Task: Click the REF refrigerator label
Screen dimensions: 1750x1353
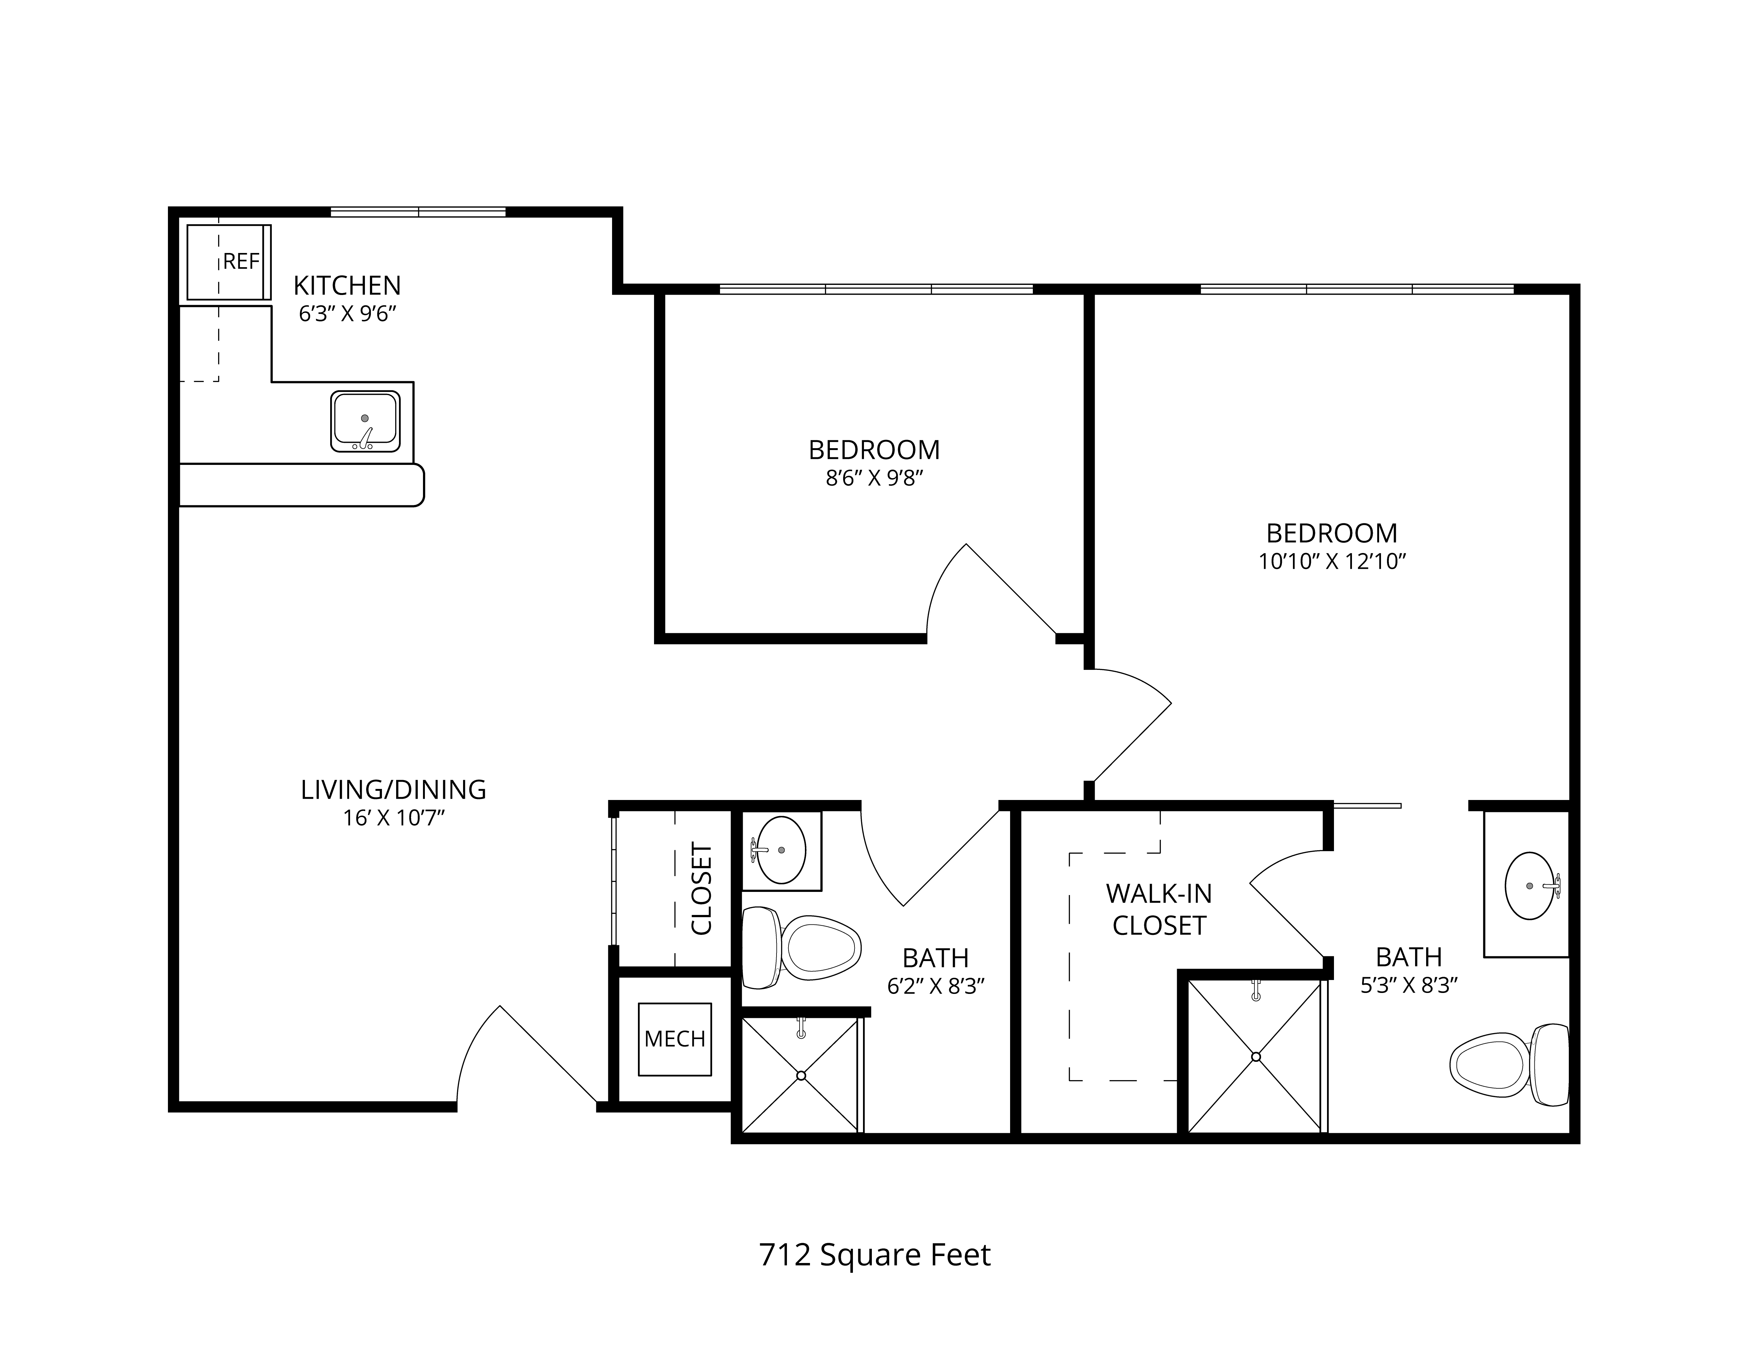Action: pos(241,261)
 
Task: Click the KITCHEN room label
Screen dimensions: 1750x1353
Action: pos(347,285)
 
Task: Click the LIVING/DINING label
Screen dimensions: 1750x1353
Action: pos(393,790)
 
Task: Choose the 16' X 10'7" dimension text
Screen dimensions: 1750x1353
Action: pos(393,818)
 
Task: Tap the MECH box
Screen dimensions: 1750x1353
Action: pos(675,1039)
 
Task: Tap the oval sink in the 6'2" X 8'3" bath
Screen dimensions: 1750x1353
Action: pos(781,850)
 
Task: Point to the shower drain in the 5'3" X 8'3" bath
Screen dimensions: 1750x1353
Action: pos(1256,1056)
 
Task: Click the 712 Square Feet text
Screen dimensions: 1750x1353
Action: pos(875,1254)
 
